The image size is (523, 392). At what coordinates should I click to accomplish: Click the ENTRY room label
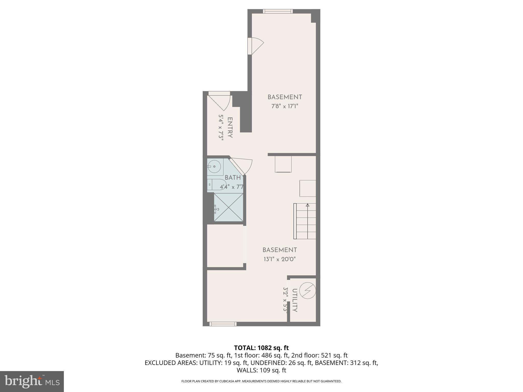(230, 128)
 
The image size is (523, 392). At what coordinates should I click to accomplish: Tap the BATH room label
(233, 178)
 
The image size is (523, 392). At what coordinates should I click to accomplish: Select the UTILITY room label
(294, 300)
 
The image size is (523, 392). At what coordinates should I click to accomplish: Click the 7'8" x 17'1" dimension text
(285, 106)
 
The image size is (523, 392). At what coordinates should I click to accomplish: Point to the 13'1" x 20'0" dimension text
(280, 259)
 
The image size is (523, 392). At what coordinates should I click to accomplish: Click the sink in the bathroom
(215, 167)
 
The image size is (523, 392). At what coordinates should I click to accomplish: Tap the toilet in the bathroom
(217, 184)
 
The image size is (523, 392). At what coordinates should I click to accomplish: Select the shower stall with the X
(228, 207)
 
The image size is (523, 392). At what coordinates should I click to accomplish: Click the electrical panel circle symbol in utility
(307, 290)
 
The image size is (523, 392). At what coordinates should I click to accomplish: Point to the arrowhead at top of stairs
(307, 205)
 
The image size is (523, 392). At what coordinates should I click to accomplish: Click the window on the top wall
(278, 11)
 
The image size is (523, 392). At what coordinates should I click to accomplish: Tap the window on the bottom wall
(223, 324)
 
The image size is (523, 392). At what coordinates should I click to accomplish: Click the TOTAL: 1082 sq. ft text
(261, 348)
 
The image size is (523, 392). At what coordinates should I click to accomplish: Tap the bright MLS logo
(32, 381)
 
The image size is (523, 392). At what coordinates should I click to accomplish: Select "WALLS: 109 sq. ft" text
(261, 370)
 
